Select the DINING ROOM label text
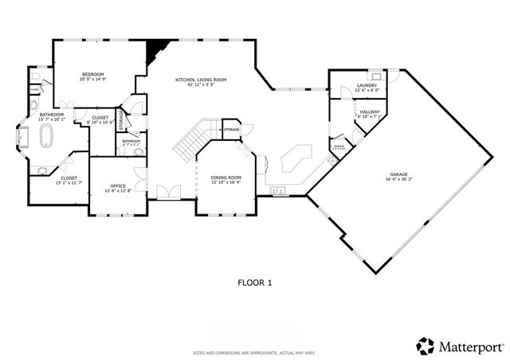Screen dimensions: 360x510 click(226, 178)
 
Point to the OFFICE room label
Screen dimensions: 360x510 click(118, 186)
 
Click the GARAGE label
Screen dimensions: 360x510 click(398, 175)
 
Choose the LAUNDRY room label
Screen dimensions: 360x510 click(367, 85)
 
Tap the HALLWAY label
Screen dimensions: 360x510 click(370, 112)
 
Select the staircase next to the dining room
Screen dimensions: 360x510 click(190, 142)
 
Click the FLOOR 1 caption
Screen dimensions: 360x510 click(254, 282)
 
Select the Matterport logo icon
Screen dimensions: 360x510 click(425, 345)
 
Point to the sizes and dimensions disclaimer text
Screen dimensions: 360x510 click(254, 352)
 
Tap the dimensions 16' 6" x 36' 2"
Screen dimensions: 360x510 click(398, 180)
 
